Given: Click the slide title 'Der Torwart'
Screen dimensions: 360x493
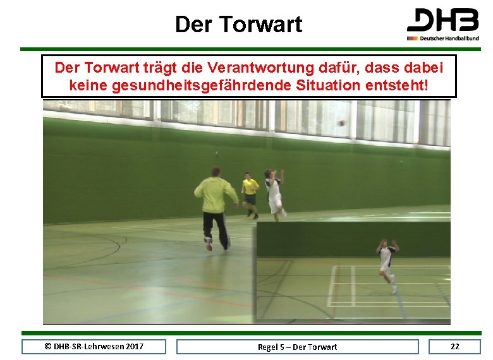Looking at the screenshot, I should pos(239,25).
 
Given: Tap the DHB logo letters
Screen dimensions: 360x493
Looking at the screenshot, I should pos(442,20).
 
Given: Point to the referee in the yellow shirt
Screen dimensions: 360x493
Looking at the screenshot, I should pos(250,191).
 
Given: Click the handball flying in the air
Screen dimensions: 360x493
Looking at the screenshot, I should pos(342,123).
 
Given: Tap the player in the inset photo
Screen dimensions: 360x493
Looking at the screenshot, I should pos(387,264).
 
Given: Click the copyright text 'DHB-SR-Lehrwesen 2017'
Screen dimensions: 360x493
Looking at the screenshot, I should pos(94,346).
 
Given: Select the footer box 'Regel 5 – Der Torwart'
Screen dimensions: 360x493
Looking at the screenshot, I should pos(297,347).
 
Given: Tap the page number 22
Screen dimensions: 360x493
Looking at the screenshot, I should pos(454,346).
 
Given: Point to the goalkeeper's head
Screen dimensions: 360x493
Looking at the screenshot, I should pos(216,171).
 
